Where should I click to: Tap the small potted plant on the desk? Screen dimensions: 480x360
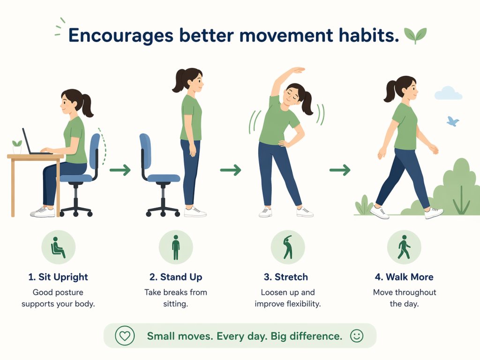(17, 147)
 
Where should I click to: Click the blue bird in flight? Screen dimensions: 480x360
(453, 121)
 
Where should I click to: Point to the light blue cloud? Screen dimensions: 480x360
(448, 93)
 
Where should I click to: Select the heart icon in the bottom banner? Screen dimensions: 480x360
(125, 336)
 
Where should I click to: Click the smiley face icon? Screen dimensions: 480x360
(357, 336)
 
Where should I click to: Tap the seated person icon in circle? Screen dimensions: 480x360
(58, 247)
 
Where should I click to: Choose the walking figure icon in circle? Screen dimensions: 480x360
(404, 247)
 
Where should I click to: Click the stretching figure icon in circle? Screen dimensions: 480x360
(288, 247)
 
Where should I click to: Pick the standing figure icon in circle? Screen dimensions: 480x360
(176, 247)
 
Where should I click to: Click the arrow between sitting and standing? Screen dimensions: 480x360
(120, 170)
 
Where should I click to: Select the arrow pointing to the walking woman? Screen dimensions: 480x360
(340, 170)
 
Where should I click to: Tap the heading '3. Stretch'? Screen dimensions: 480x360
(286, 277)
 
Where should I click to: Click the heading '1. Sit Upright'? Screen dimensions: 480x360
(58, 277)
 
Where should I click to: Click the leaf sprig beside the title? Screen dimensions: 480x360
(415, 35)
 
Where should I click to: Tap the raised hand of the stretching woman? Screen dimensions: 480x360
(297, 70)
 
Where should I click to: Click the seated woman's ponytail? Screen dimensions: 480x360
(87, 105)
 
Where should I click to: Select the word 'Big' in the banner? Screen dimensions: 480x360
(278, 337)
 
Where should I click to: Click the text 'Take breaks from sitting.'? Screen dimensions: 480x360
(176, 298)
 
